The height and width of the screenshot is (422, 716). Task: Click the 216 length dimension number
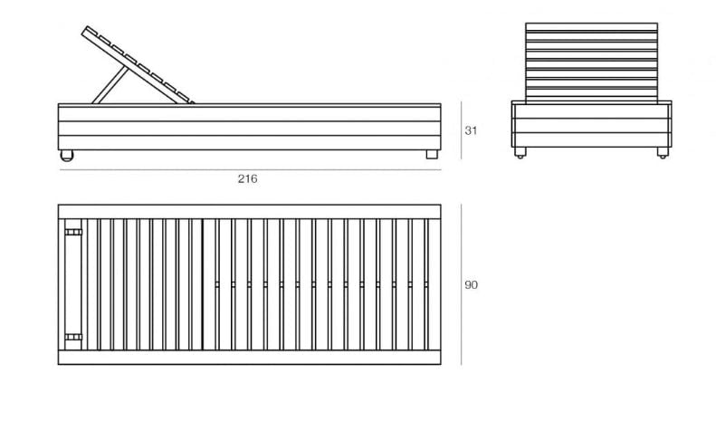pos(247,179)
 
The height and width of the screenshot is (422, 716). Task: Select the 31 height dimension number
pos(471,130)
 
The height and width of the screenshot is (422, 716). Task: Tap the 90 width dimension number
pos(471,285)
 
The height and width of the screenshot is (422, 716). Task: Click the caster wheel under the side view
pos(65,157)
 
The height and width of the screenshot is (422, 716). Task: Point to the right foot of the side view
pos(432,155)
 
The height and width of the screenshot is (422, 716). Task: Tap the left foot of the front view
pos(520,155)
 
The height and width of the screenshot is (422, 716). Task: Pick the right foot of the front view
pos(663,155)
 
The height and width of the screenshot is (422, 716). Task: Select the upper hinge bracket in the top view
pos(72,232)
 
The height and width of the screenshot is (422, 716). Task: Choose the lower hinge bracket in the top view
pos(72,338)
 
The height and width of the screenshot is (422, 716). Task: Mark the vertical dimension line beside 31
pos(461,130)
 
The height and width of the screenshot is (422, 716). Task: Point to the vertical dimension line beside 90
pos(461,285)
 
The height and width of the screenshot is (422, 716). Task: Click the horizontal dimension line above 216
pos(249,169)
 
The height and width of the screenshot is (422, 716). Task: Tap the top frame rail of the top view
pos(249,211)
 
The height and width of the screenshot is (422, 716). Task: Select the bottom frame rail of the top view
pos(249,358)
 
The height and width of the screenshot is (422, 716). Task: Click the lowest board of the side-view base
pos(249,142)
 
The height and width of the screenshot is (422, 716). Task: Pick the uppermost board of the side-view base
pos(249,112)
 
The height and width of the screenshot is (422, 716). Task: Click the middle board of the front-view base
pos(592,126)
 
